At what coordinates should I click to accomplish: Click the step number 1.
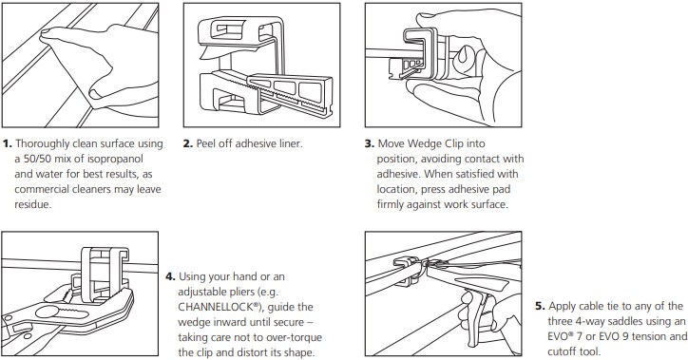[x=9, y=143]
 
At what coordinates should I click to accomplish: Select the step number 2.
[x=188, y=143]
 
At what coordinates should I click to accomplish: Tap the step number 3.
[x=370, y=143]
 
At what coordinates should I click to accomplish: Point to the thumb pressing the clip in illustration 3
[x=418, y=90]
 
